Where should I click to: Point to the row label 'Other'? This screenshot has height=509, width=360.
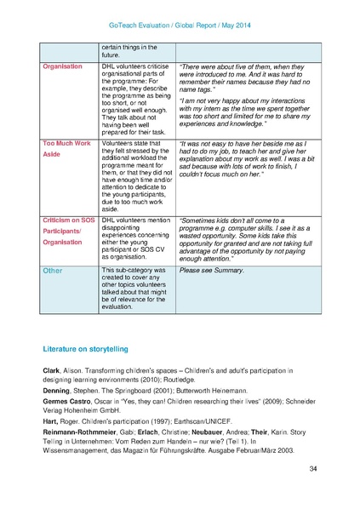coord(53,270)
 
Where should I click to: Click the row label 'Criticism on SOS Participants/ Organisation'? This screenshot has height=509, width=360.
coord(69,230)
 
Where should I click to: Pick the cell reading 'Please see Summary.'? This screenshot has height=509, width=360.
coord(211,270)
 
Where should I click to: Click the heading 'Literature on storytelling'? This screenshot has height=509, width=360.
coord(85,349)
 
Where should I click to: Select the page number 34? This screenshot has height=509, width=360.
coord(312,469)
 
